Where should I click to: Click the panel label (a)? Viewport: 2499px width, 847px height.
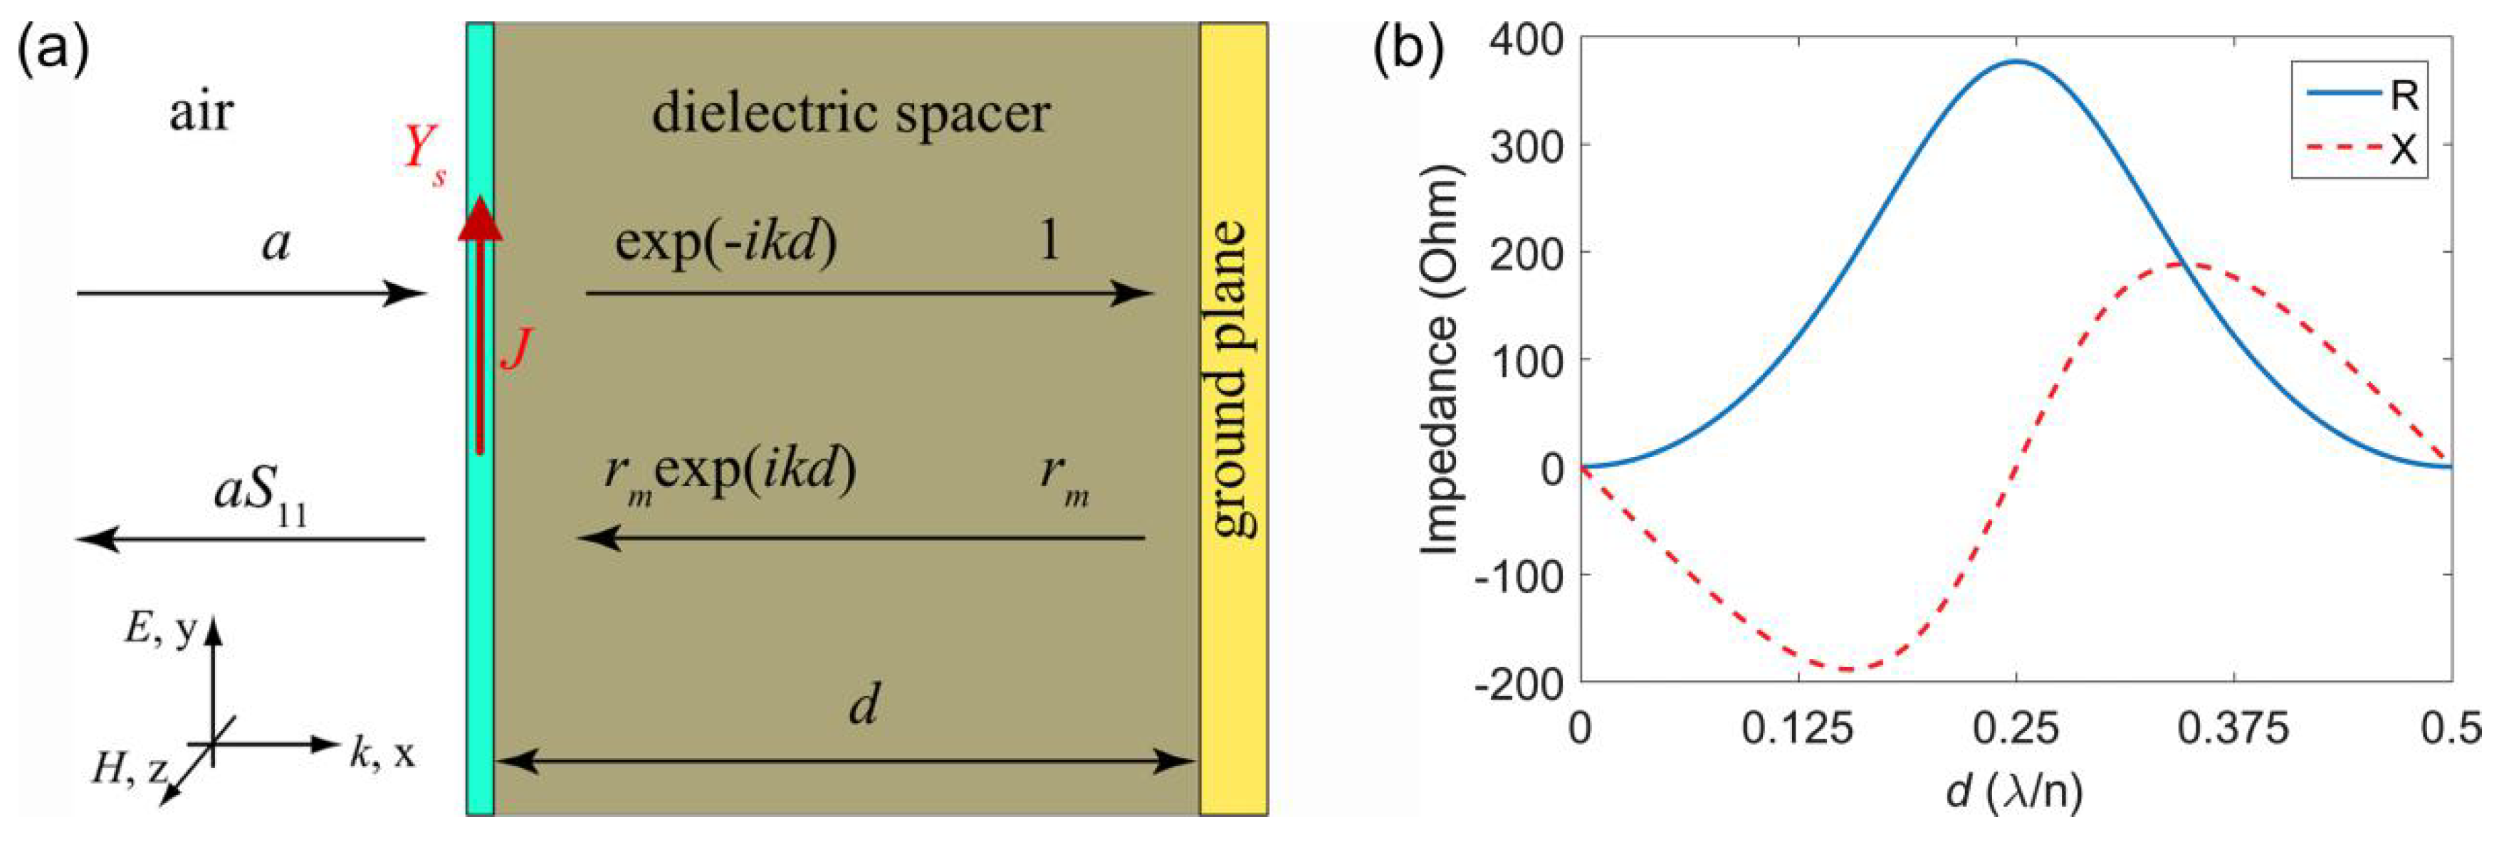[53, 51]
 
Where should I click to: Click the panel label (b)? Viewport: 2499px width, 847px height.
[1408, 51]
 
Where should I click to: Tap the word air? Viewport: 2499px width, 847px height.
[201, 112]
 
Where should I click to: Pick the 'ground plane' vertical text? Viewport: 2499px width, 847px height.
[1232, 379]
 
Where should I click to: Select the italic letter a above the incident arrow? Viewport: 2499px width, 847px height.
[276, 243]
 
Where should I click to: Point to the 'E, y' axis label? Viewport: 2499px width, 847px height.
[160, 631]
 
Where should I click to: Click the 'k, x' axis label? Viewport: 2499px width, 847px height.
[381, 753]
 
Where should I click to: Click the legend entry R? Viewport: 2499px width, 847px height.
[2404, 96]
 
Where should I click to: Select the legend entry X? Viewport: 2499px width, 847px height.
[2403, 150]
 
